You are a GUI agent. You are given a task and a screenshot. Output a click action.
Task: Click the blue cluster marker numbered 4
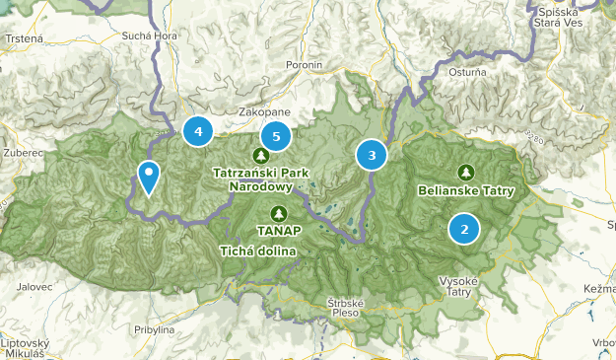coord(198,130)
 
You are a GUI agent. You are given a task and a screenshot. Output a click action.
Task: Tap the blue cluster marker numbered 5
coord(277,137)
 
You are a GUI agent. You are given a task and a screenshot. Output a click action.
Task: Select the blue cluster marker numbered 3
coord(372,155)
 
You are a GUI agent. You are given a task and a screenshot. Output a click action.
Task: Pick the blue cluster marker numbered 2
coord(464,229)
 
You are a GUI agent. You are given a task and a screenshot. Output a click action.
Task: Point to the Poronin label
coord(303,65)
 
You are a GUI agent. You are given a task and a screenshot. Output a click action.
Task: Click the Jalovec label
coord(34,287)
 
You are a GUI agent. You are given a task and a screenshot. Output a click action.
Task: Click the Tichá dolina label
coord(258,250)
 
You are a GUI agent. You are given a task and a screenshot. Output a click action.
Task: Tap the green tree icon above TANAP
coord(279,213)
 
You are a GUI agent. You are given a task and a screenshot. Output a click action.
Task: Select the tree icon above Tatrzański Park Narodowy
coord(260,155)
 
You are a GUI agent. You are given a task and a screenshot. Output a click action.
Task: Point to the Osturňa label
coord(467,71)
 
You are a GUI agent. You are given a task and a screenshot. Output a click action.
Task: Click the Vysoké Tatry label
coord(459,286)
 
